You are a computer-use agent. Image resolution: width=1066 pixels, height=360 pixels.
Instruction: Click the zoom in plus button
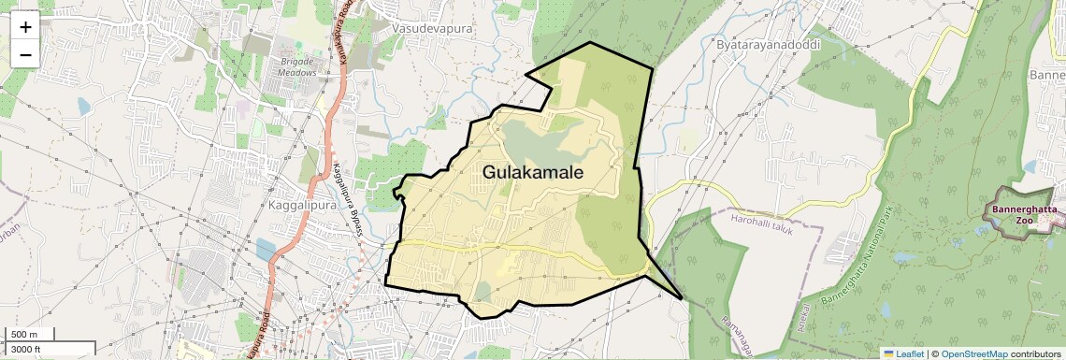click(x=25, y=26)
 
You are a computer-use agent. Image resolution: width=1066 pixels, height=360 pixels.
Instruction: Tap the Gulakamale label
click(x=533, y=173)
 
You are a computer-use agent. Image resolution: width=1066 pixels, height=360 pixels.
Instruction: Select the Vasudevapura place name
click(x=433, y=29)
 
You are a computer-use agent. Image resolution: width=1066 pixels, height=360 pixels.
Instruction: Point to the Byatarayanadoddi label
click(x=763, y=44)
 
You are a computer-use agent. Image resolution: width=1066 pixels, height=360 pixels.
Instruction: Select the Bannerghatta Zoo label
click(x=1025, y=215)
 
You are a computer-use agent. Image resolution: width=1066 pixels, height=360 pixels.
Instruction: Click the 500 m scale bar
click(x=28, y=335)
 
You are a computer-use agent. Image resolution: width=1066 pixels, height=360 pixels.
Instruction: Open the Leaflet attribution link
click(x=903, y=353)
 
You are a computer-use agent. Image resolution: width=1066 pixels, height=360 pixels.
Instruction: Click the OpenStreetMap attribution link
click(x=974, y=353)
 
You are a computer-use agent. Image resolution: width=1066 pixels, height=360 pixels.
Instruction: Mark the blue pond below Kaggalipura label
click(x=265, y=249)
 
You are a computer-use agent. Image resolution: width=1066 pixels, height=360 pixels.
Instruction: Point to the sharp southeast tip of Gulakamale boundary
click(x=683, y=298)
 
